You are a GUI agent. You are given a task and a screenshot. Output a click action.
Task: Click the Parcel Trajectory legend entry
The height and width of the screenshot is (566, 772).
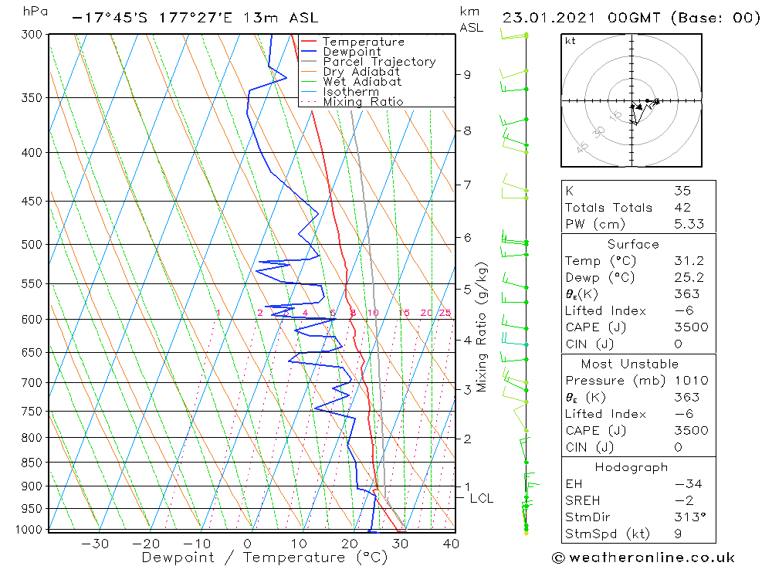point(379,62)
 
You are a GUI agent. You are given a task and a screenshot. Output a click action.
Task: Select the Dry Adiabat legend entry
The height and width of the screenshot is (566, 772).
point(361,72)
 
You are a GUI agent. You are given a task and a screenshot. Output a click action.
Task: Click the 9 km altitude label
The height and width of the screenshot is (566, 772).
point(467,75)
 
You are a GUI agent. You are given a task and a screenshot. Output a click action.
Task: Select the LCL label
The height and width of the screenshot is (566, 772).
point(481,499)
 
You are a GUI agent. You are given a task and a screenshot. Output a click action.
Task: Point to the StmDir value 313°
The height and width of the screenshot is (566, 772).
point(686,517)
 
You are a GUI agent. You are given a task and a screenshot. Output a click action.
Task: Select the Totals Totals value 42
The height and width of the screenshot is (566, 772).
point(682,207)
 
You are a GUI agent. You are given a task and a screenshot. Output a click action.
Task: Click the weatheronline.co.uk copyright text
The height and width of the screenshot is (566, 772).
point(643,557)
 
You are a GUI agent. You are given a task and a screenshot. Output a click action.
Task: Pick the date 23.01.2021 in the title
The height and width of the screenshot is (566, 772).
point(547,18)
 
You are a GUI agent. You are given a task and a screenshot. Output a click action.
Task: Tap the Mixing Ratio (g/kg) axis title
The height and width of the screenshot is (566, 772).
point(482,327)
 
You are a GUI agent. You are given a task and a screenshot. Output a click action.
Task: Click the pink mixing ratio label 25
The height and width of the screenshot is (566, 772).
point(445,313)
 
